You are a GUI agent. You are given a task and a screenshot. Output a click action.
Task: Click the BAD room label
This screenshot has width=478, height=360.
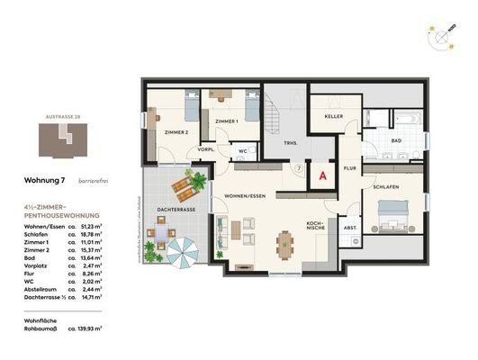396,142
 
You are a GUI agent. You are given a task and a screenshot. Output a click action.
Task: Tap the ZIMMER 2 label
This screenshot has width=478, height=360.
176,132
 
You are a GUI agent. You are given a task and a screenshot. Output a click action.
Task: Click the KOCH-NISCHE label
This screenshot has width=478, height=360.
314,227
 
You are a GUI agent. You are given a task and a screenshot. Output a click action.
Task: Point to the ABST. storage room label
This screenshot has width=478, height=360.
349,229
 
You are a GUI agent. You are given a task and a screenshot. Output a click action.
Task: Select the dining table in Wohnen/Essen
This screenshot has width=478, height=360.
285,243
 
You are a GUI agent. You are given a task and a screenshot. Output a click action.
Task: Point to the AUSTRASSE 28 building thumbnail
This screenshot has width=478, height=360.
56,139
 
